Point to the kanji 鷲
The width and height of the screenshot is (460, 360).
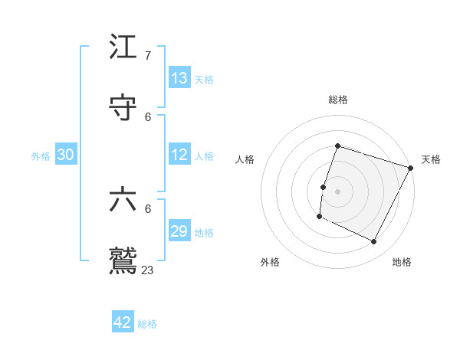point(123,260)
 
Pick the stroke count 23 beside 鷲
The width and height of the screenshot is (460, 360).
point(148,270)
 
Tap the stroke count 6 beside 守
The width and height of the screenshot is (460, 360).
point(148,116)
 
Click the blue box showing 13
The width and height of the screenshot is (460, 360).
point(179,78)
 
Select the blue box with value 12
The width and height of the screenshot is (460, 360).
point(179,155)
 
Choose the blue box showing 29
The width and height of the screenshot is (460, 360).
point(179,231)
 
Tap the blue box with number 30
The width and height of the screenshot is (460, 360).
point(66,155)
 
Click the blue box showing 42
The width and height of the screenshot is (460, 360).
point(123,322)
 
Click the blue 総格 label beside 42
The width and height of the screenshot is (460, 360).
point(147,324)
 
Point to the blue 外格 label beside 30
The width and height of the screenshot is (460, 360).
point(41,156)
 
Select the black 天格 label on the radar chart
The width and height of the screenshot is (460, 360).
point(431,159)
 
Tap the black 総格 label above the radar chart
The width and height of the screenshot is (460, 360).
point(338,100)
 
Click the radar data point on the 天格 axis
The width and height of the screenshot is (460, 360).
point(411,168)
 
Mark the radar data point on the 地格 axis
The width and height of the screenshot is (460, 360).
point(374,242)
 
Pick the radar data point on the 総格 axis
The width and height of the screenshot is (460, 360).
point(337,146)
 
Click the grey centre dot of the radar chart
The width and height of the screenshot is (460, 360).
point(337,191)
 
